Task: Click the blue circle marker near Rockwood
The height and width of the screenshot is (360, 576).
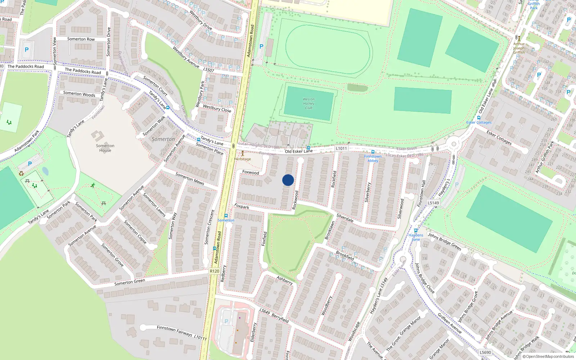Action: pos(288,180)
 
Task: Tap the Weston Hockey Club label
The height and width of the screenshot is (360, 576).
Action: pos(309,103)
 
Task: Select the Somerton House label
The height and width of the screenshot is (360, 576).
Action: pos(105,148)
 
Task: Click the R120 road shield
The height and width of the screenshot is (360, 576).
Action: pos(214,271)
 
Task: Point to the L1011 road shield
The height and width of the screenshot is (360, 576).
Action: pos(341,148)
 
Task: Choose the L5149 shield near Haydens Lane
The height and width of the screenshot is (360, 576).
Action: pos(433,203)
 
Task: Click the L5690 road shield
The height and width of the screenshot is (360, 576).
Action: pos(485,352)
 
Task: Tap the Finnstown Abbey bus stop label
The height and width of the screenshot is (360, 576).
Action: pos(373,158)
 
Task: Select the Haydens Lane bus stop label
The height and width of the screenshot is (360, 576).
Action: pos(416,237)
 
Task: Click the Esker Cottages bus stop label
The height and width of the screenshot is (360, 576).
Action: pos(479,122)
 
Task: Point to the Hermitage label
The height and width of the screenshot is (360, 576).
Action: pos(243,159)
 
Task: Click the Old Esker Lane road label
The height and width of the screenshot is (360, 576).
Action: pos(299,151)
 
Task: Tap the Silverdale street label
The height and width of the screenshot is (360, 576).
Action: pos(345,218)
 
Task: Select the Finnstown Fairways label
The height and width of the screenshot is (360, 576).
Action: pos(175,330)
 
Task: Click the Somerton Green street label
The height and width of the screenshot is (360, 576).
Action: pos(130,282)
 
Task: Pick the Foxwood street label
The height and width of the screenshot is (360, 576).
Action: pos(251,172)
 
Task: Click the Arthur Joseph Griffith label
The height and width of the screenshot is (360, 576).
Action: pos(519,48)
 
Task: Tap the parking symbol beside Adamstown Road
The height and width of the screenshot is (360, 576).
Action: pos(261,46)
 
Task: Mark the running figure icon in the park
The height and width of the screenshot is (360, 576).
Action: pos(93,185)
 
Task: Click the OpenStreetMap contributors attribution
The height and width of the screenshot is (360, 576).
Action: pos(550,357)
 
